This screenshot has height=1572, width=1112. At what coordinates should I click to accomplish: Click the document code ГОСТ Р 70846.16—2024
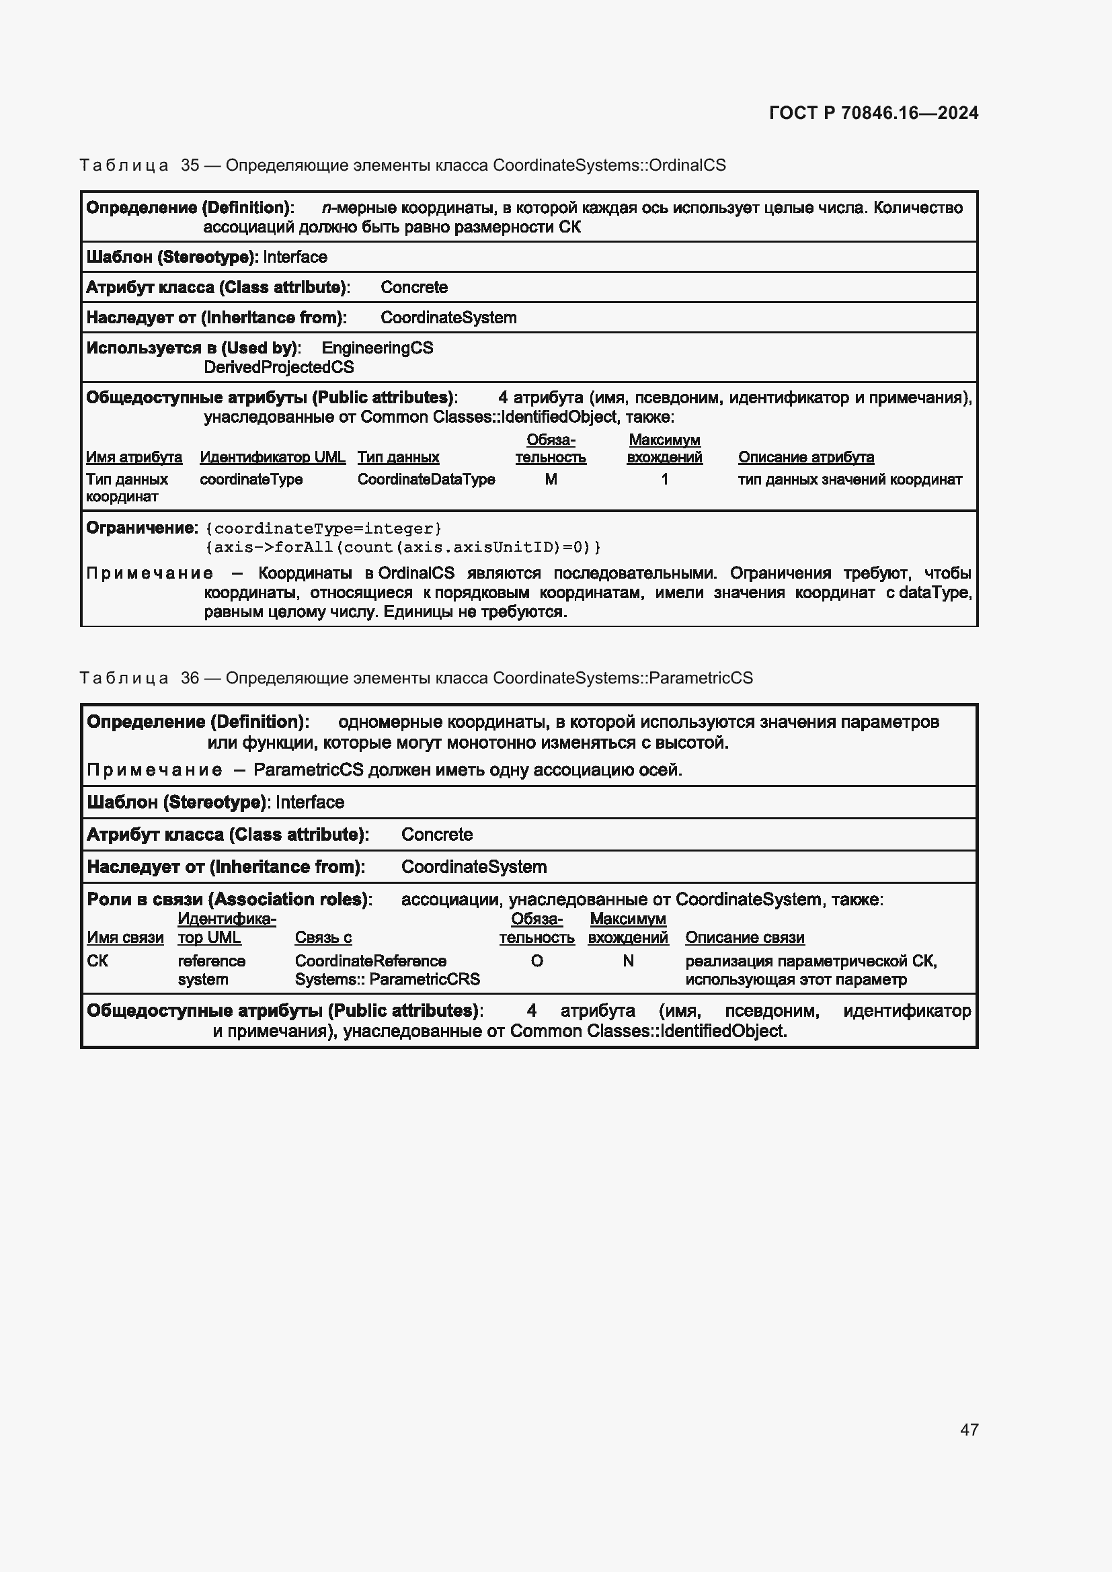[873, 113]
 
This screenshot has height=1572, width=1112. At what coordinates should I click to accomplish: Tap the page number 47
[969, 1430]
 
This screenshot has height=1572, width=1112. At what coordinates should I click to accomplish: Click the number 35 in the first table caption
[190, 165]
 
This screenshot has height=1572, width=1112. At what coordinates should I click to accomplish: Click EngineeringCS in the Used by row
[377, 348]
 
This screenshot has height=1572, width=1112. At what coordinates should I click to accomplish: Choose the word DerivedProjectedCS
[279, 367]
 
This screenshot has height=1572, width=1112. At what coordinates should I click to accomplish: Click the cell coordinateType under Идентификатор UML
[251, 479]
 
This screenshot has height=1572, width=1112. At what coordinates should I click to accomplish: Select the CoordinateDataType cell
[426, 479]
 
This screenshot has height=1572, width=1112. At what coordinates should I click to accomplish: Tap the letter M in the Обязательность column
[551, 479]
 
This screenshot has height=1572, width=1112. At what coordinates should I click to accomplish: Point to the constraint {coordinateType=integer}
[324, 528]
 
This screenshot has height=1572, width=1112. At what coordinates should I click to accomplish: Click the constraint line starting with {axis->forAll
[403, 547]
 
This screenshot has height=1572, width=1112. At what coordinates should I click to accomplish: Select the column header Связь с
[323, 938]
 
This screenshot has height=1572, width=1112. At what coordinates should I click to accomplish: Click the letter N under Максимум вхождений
[628, 961]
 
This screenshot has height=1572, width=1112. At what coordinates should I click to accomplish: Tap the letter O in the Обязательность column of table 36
[537, 961]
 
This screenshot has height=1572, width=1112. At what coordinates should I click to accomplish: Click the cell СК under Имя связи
[97, 961]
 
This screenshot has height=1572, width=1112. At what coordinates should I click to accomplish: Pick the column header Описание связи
[744, 938]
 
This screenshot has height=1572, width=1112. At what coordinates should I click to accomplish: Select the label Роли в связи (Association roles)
[229, 899]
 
